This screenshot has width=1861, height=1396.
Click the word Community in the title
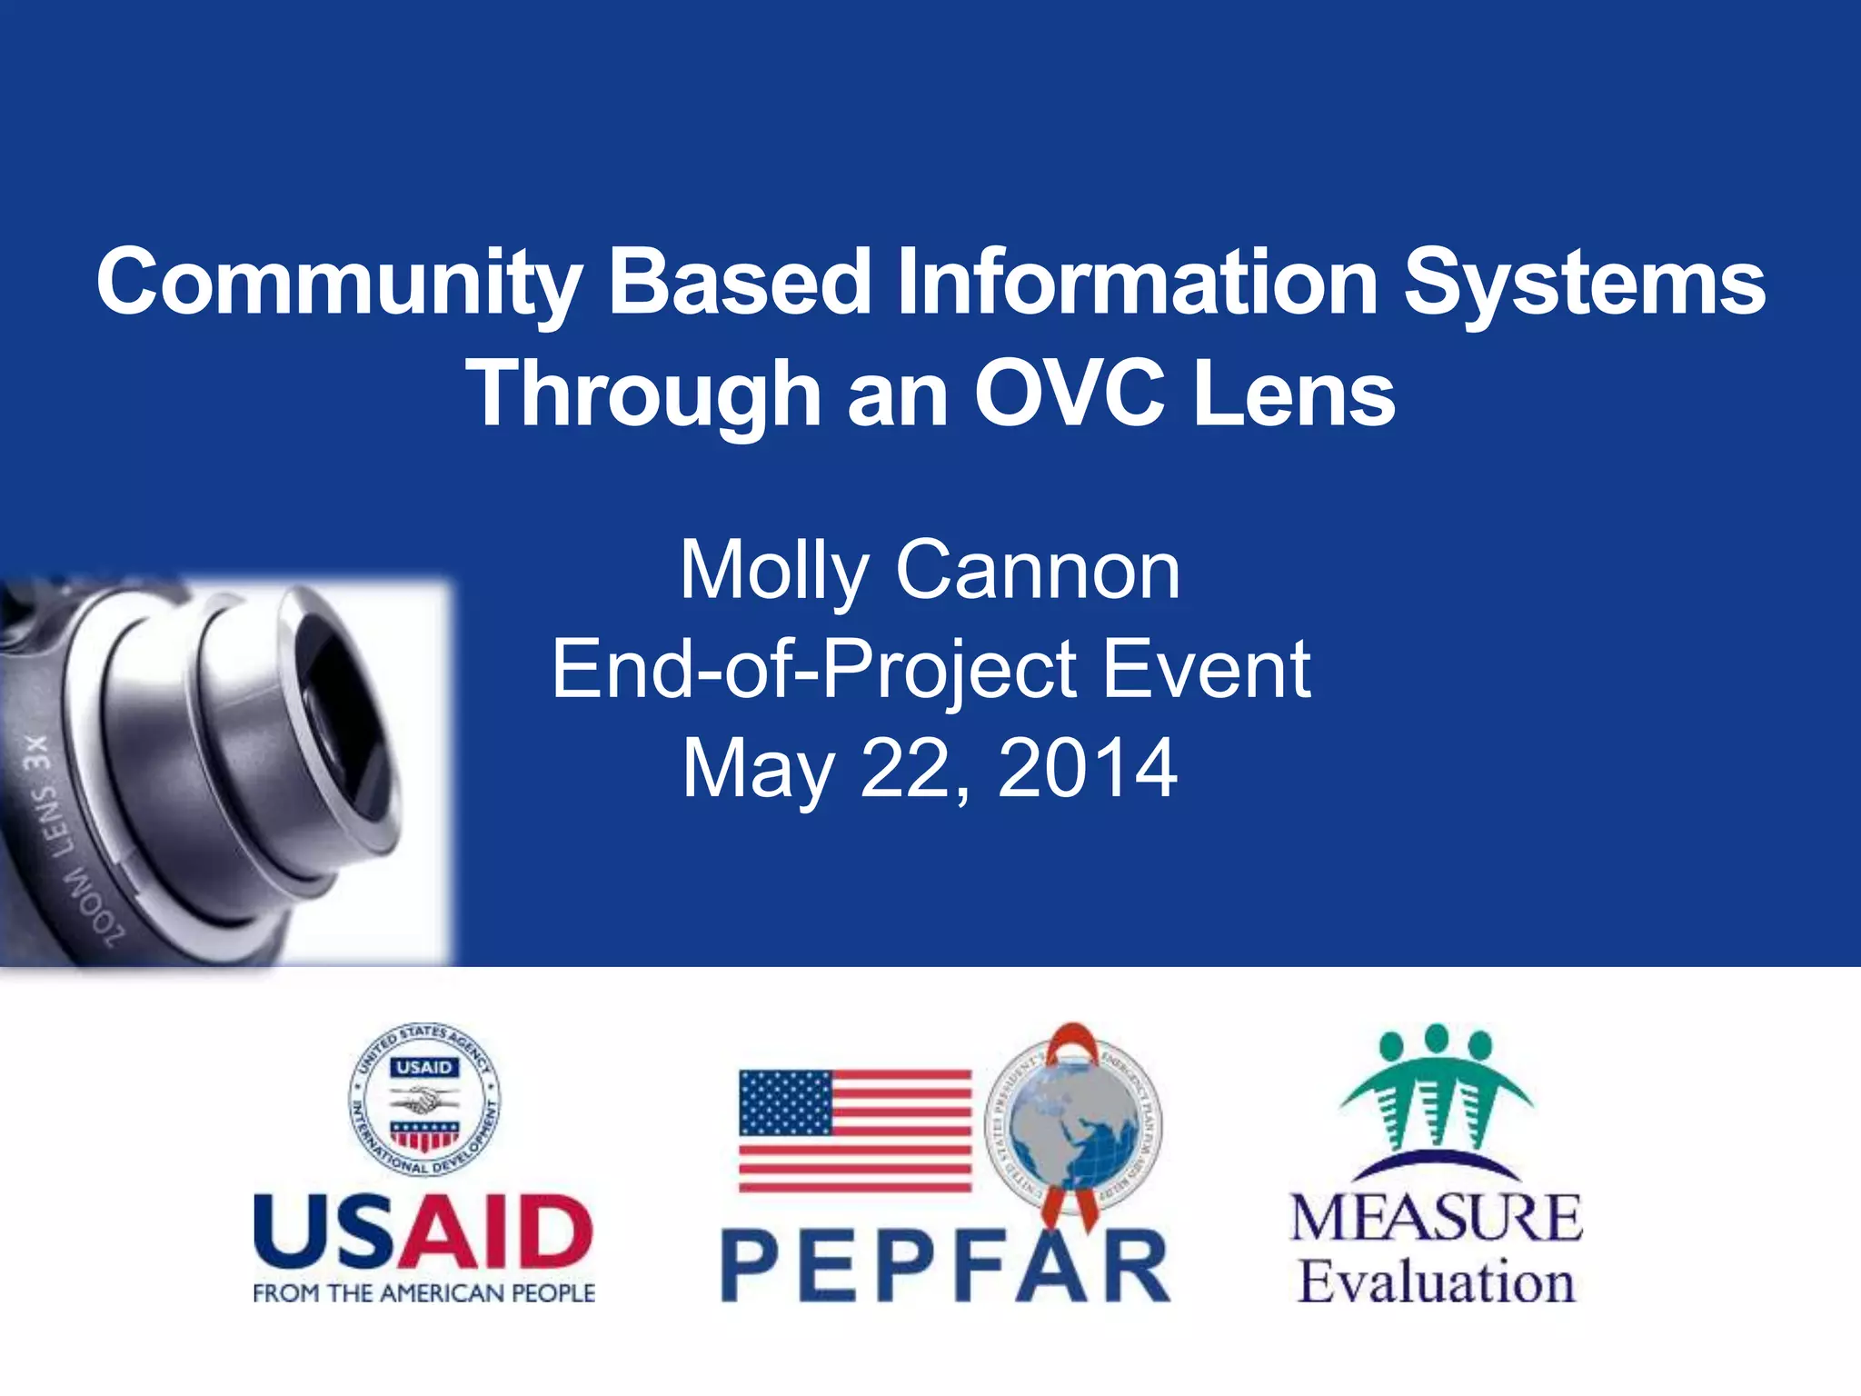[x=338, y=284]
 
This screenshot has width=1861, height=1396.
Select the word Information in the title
[x=1137, y=282]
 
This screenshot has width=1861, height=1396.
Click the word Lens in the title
[x=1294, y=394]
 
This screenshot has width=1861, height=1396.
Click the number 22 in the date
[x=902, y=768]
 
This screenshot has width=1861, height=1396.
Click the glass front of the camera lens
[x=350, y=718]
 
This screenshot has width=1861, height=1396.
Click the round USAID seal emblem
[x=424, y=1102]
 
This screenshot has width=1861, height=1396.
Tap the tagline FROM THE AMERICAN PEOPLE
[x=423, y=1293]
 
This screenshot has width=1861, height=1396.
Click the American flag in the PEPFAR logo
[x=855, y=1131]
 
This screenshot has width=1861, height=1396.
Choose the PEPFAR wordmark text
[x=945, y=1266]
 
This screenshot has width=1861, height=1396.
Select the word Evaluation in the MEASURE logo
[x=1436, y=1282]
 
